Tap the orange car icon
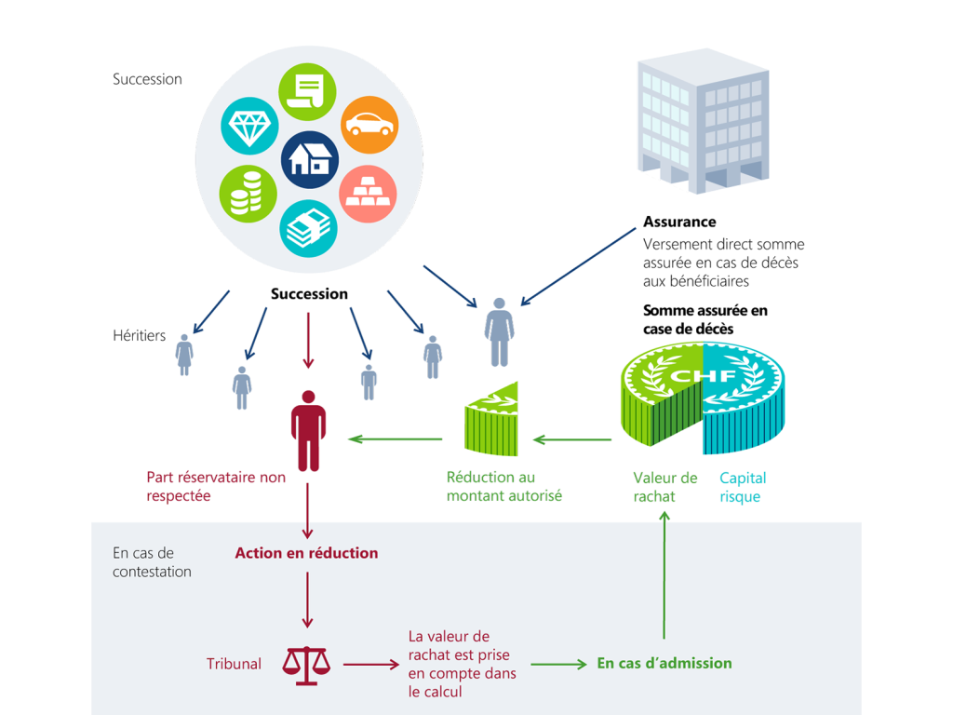369,125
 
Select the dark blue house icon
310,159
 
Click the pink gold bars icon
369,194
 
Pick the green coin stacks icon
248,194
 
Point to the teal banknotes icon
308,228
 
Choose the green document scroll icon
307,92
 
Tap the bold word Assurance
679,222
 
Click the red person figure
308,430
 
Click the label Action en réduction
306,553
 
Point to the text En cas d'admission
664,663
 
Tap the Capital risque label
743,487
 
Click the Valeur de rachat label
664,487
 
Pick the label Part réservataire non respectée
216,487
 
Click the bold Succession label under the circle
309,294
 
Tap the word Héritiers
140,335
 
